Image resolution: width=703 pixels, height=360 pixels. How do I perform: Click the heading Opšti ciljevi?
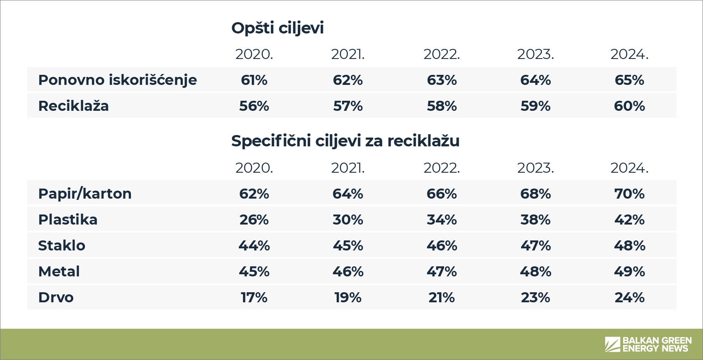(277, 28)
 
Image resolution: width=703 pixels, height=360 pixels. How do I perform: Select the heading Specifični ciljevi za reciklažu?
(345, 141)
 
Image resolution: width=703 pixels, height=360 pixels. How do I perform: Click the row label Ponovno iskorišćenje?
(118, 80)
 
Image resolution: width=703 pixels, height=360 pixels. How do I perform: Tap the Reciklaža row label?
(73, 106)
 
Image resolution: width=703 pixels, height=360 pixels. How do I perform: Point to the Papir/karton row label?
(84, 194)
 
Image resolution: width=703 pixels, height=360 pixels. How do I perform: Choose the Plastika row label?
(68, 220)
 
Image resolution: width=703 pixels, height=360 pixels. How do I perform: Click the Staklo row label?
(61, 245)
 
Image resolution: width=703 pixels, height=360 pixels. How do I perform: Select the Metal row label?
(59, 271)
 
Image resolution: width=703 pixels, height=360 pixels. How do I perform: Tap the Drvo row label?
(56, 297)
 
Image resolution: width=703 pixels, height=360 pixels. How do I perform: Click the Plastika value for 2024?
(629, 220)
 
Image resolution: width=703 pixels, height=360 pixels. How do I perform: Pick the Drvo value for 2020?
(254, 297)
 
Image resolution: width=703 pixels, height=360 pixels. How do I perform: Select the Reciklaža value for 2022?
(442, 106)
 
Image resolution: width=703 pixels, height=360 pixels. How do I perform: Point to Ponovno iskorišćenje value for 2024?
(629, 80)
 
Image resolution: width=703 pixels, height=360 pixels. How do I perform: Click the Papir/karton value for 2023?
(535, 194)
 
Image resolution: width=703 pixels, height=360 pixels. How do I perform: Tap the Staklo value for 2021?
(348, 245)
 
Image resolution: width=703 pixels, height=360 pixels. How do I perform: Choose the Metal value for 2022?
(442, 271)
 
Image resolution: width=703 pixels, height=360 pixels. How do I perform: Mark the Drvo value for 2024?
(629, 297)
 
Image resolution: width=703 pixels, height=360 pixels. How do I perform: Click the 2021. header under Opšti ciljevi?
(348, 54)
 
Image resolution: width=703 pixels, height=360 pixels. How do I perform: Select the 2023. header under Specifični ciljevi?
(535, 168)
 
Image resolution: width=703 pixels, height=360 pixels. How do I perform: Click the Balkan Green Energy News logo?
(648, 344)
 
